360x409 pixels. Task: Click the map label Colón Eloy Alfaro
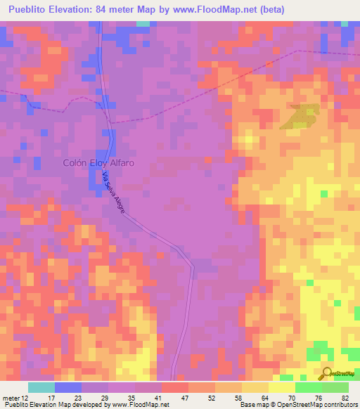pos(98,162)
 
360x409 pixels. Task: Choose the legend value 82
pos(345,398)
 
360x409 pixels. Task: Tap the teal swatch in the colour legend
pos(41,387)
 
